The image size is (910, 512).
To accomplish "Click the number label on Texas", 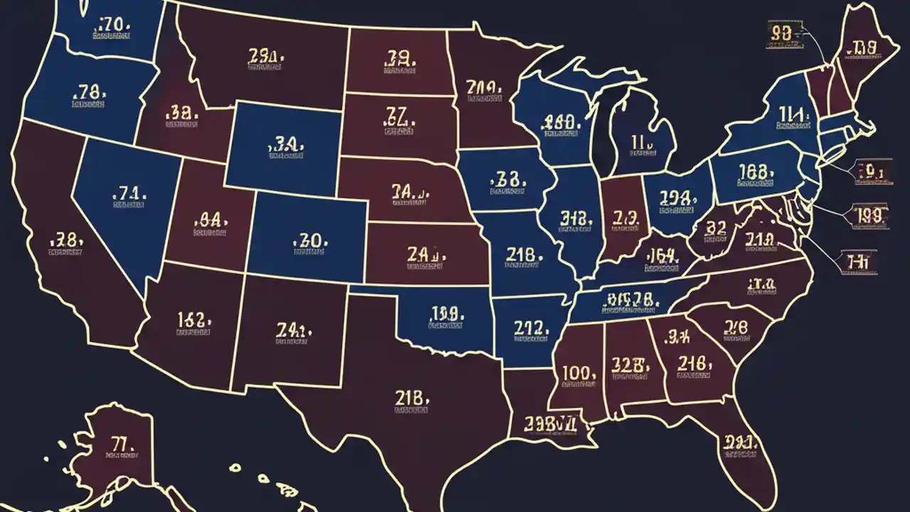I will tap(412, 399).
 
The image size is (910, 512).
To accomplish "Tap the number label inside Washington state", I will tap(112, 27).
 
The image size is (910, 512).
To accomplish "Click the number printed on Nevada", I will tap(129, 193).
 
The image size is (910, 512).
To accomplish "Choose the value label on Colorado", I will tap(310, 240).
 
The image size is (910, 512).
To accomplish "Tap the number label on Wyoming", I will tap(286, 146).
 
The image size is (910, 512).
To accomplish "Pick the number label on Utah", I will tap(210, 219).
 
